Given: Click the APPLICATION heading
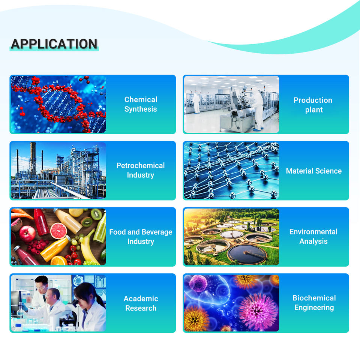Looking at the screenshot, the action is pos(54,44).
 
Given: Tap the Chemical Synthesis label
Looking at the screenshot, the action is pos(141,104).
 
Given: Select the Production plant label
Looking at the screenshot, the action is pos(313,105).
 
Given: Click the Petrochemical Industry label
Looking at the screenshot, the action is pos(141,170).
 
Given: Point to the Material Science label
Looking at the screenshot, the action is pos(314,171).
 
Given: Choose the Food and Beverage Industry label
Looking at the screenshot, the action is pos(141,237).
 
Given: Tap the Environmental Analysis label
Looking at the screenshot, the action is pos(313,237).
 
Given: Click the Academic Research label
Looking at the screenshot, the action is pos(141,303).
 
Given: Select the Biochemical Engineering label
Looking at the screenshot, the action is pos(314,303).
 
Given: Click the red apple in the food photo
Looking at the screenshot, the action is pos(27,234).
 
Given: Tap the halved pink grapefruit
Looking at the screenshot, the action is pos(58,231).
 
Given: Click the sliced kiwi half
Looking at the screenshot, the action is pos(96,214).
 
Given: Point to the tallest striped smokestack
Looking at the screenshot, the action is pos(33,158).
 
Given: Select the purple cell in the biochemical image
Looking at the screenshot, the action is pos(198,283).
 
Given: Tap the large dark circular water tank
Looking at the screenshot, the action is pos(247,254).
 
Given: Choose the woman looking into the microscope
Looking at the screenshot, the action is pos(90,306).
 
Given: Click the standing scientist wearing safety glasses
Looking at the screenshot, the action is pos(41,292).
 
